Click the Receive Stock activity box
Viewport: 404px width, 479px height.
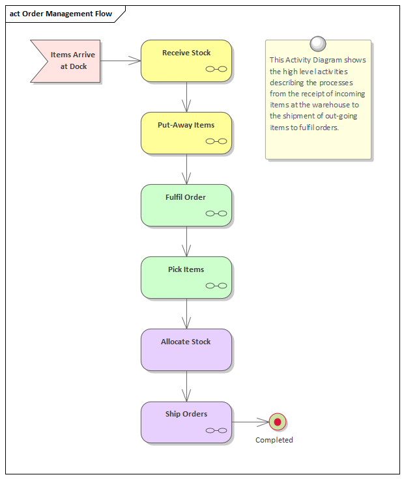[186, 61]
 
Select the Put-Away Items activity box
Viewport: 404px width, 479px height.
[186, 133]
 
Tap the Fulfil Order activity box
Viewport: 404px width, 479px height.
[186, 205]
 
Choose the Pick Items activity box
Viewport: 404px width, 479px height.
[186, 277]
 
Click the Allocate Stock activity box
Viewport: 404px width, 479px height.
[186, 349]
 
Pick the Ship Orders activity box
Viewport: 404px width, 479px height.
[186, 422]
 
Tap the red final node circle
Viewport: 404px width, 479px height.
[278, 422]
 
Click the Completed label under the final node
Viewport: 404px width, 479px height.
[274, 440]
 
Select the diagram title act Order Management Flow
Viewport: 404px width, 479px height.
[61, 14]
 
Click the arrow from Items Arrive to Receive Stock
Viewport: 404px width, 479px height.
[121, 61]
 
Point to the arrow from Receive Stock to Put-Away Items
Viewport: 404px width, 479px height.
[187, 97]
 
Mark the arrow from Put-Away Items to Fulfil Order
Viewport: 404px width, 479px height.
[187, 169]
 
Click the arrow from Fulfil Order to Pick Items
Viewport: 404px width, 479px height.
[187, 241]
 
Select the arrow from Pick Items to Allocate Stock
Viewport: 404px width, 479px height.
[187, 314]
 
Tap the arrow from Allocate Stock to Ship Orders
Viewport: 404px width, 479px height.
[187, 386]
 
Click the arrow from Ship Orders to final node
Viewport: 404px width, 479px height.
[250, 422]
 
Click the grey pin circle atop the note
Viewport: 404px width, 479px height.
[318, 44]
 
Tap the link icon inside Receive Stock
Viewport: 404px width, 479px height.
[216, 69]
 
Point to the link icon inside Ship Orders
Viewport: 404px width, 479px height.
[216, 430]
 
